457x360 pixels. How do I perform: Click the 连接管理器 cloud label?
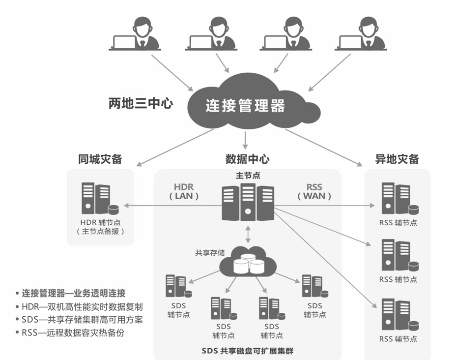[245, 105]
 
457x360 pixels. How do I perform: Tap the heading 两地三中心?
[141, 104]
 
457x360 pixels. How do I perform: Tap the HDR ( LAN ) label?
[184, 191]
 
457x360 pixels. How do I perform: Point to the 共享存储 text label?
[209, 253]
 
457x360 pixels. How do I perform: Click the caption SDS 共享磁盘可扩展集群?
[247, 351]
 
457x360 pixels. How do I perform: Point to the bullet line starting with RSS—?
[73, 333]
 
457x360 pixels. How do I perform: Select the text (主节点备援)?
[100, 231]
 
